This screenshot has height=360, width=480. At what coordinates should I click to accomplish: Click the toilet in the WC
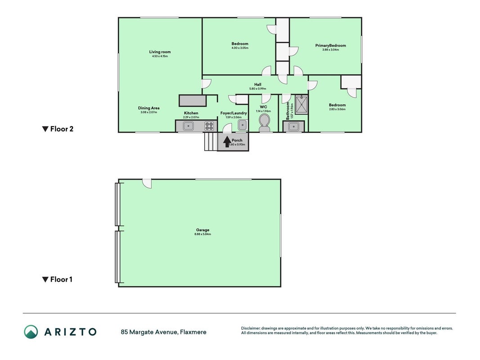click(264, 122)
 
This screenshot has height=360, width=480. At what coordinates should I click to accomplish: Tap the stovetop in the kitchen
click(209, 126)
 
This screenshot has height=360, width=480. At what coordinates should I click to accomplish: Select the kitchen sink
click(188, 126)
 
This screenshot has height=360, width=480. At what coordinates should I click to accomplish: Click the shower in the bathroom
click(301, 104)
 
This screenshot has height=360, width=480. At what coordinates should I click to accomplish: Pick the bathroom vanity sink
click(294, 126)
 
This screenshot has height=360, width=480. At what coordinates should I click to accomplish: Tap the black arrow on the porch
click(227, 141)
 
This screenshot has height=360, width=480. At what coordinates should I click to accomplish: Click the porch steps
click(211, 141)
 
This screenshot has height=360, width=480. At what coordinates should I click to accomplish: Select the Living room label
click(160, 52)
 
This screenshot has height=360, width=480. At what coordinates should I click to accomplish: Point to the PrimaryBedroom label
click(331, 45)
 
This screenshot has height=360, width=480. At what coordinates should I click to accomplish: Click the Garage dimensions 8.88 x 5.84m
click(202, 234)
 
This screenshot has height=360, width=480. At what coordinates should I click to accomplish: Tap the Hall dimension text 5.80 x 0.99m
click(258, 89)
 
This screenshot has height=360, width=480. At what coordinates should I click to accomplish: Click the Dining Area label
click(149, 108)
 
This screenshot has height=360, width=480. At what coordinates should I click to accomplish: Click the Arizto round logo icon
click(31, 332)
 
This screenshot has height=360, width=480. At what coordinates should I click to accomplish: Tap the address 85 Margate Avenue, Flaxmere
click(163, 332)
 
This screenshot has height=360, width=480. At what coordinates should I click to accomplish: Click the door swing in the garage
click(147, 184)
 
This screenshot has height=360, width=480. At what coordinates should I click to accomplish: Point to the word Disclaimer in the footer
click(251, 328)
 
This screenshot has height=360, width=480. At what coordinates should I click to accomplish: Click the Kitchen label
click(191, 113)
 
